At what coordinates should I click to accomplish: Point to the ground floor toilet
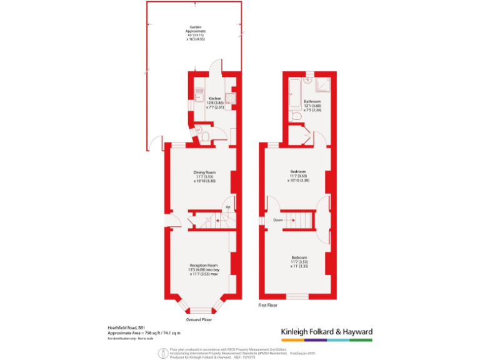(x=199, y=132)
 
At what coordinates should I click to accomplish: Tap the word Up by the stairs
(x=229, y=207)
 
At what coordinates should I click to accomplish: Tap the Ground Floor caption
(x=199, y=319)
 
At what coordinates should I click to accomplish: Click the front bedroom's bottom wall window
(x=297, y=296)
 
